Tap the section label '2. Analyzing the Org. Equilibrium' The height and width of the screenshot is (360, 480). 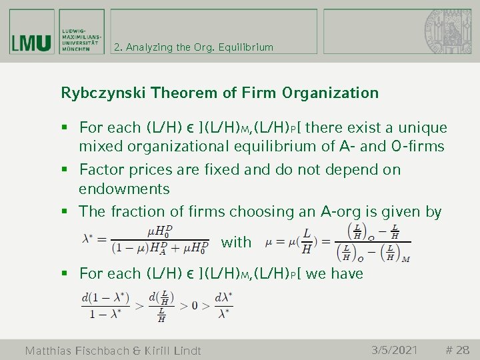193,47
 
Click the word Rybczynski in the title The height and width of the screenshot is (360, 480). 104,93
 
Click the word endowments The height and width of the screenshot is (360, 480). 124,189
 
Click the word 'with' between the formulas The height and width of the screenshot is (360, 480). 236,243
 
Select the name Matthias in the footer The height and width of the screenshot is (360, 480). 55,351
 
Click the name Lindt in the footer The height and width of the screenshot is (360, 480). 182,351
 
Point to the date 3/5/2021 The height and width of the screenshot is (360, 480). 394,349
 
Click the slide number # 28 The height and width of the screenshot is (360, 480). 457,349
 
